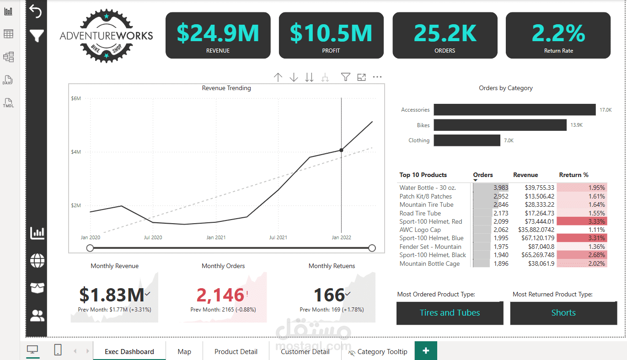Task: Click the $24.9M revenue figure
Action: (218, 33)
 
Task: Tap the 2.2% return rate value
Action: (558, 33)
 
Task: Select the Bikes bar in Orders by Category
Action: (500, 125)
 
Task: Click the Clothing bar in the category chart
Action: (467, 140)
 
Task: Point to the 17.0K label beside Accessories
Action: (606, 110)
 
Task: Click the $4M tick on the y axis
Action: (75, 152)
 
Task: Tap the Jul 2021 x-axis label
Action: (278, 237)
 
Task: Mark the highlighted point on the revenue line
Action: (341, 150)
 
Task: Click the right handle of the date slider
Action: (372, 248)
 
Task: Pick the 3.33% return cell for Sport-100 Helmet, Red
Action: (582, 221)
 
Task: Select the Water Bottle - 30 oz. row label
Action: (428, 188)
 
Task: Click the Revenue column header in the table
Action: (525, 175)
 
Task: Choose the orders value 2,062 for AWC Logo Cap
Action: (501, 230)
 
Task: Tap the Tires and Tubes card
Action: (450, 313)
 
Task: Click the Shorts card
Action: (563, 313)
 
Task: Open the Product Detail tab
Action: (236, 351)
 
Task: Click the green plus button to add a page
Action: (426, 350)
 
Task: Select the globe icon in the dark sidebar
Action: (37, 261)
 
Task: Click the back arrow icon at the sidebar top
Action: (36, 11)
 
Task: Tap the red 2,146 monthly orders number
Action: (220, 295)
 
